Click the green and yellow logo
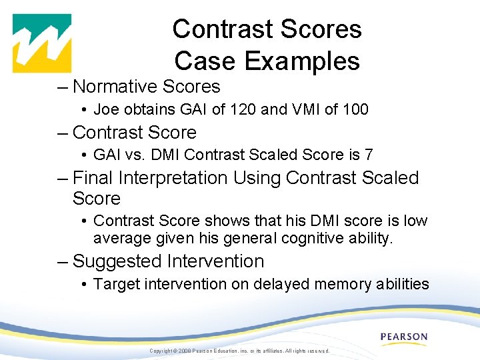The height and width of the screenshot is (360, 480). point(42,43)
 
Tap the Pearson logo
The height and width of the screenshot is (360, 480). point(404,337)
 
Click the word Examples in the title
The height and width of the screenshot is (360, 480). point(302,61)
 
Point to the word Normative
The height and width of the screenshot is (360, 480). point(117,87)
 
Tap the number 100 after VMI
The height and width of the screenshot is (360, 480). point(355,109)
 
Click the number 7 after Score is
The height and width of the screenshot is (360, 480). point(368,155)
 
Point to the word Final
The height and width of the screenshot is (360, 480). point(93,178)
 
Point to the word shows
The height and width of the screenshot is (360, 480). point(228,221)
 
